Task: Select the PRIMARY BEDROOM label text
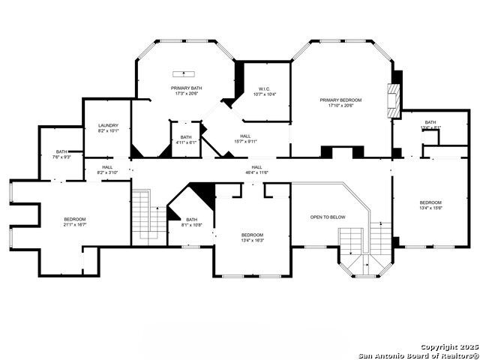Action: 340,100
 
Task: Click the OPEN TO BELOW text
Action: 328,217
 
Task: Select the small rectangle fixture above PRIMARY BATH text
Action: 181,73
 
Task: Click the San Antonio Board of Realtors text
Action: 418,355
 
